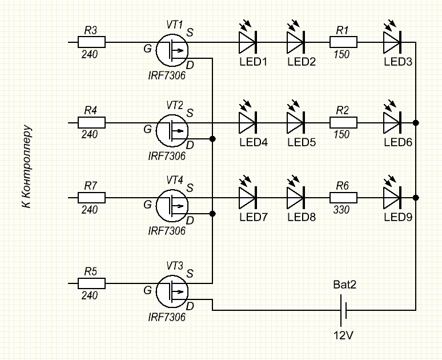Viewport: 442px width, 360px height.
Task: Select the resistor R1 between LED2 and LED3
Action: [x=343, y=42]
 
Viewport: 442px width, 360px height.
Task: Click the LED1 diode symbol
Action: [x=247, y=42]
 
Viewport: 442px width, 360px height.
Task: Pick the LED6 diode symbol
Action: [x=392, y=122]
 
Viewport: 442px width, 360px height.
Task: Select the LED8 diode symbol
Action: [x=295, y=198]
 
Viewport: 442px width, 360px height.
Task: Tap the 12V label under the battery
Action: [x=343, y=335]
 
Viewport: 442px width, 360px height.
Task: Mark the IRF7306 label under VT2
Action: [x=167, y=156]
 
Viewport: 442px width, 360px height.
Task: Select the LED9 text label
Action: [x=398, y=217]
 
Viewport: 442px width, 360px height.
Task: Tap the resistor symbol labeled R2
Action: [x=343, y=122]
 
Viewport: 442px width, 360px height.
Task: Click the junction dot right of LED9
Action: [x=416, y=198]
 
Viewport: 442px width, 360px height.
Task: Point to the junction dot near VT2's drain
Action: [x=213, y=139]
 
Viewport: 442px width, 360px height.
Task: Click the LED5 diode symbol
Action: [x=295, y=122]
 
